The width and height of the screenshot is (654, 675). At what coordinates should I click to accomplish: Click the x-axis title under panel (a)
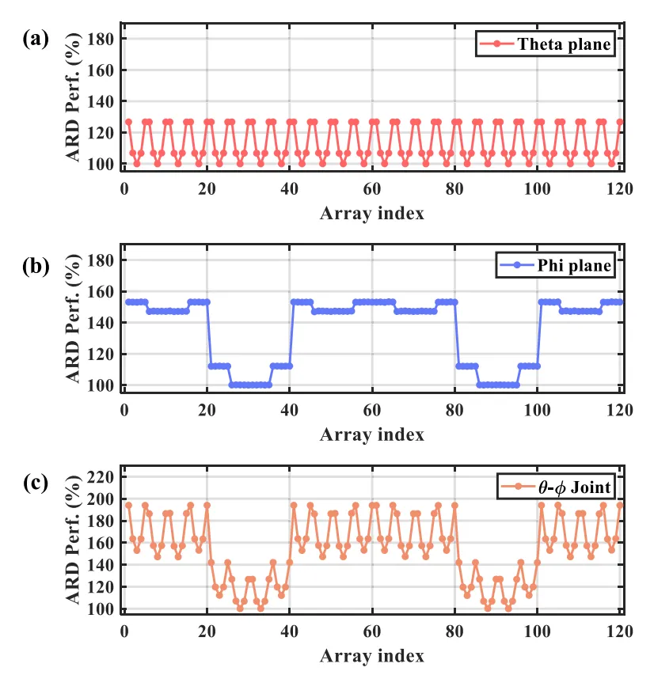[x=372, y=213]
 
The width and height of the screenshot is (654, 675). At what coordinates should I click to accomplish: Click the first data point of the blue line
[x=128, y=301]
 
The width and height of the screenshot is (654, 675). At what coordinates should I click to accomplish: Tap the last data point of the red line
[x=620, y=122]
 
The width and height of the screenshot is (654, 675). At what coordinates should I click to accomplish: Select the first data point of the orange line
[x=128, y=505]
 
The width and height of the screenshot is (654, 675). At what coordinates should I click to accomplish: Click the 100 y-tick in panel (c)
[x=105, y=609]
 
